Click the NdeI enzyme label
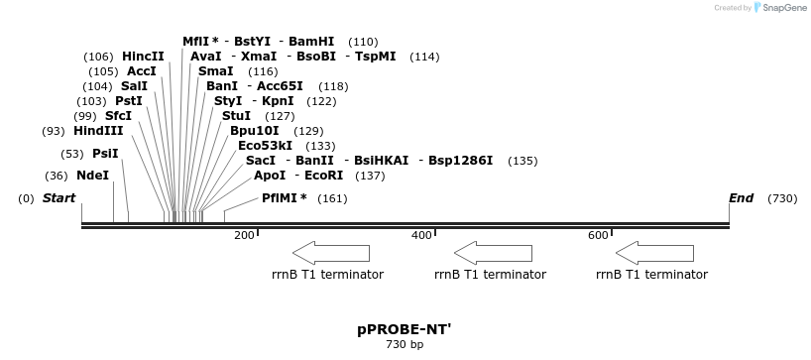(92, 176)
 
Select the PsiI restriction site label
(105, 154)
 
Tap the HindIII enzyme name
(98, 131)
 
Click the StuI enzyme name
(236, 116)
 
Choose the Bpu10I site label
(254, 131)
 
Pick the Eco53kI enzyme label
(265, 146)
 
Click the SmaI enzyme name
(215, 71)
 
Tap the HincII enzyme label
(143, 57)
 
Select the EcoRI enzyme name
(324, 176)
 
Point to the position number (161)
(332, 198)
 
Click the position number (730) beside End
(782, 198)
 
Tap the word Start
(58, 198)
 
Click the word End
(741, 198)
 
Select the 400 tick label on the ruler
(421, 235)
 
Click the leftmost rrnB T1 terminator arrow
(331, 252)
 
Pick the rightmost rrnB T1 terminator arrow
(654, 252)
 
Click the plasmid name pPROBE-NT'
(404, 328)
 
